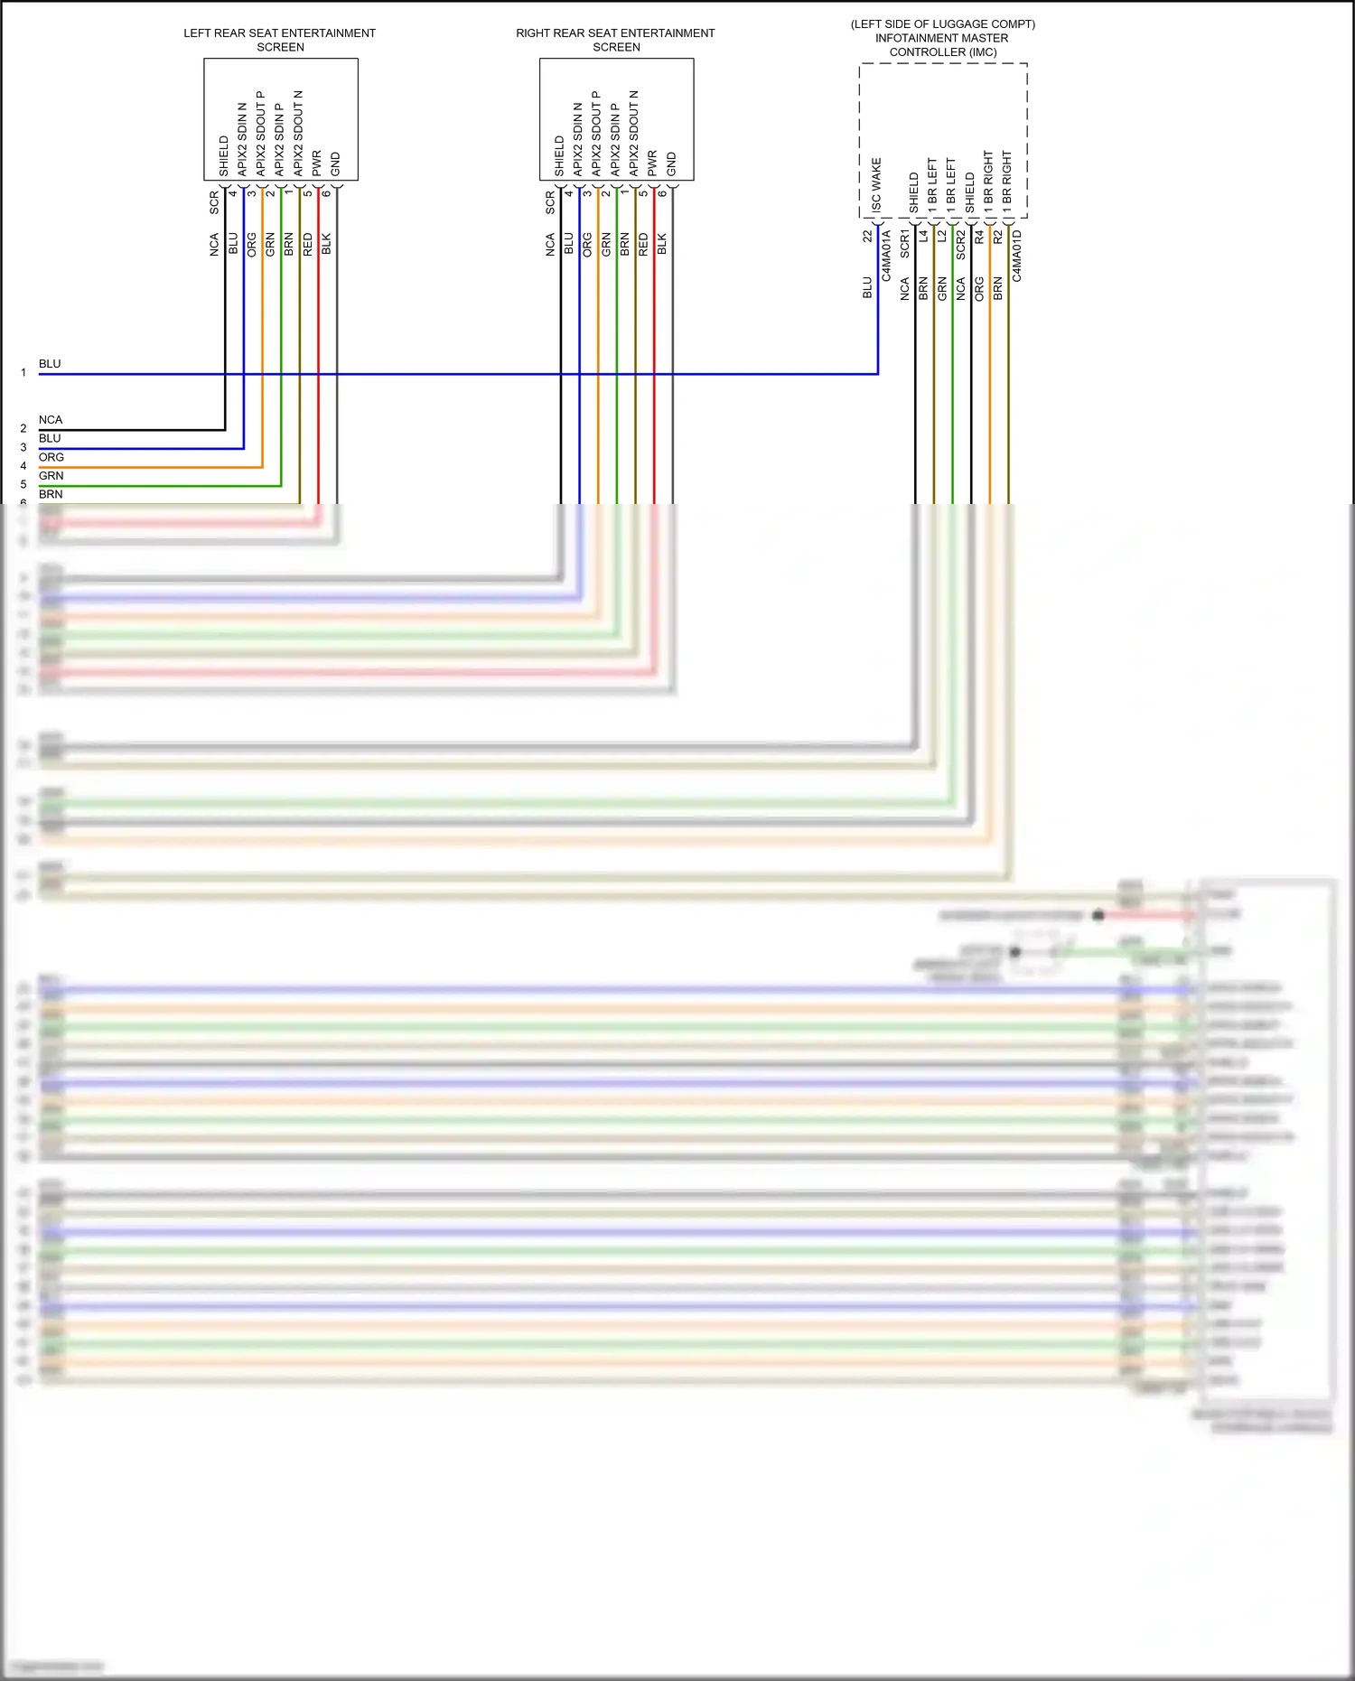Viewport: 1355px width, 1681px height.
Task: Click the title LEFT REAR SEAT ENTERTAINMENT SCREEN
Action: tap(280, 40)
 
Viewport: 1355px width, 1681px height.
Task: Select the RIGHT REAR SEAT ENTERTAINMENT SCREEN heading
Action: tap(615, 40)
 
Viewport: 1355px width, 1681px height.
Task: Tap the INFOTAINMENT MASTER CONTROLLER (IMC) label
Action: tap(942, 45)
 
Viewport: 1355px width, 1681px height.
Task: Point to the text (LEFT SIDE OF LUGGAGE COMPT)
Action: tap(943, 24)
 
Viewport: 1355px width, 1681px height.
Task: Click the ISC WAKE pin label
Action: tap(876, 185)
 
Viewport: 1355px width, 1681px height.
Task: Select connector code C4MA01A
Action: tap(887, 256)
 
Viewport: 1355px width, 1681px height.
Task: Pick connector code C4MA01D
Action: tap(1017, 256)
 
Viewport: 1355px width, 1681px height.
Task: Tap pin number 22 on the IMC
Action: tap(868, 236)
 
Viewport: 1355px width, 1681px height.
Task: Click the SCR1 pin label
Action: tap(905, 244)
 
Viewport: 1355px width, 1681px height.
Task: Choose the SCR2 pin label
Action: tap(961, 245)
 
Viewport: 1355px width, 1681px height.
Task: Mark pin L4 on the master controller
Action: tap(924, 236)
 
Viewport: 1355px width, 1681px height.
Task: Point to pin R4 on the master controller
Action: tap(980, 236)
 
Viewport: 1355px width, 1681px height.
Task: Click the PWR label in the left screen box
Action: tap(317, 163)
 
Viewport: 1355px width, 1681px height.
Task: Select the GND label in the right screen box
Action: tap(671, 164)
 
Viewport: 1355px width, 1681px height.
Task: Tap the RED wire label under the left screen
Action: tap(308, 244)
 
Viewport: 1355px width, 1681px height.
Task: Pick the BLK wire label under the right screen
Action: tap(662, 244)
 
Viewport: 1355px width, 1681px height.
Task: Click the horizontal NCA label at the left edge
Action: tap(51, 420)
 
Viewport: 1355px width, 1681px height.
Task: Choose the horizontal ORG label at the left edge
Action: tap(51, 457)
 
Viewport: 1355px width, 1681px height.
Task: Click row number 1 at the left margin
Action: tap(23, 372)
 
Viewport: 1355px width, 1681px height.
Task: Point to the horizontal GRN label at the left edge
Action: tap(51, 476)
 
